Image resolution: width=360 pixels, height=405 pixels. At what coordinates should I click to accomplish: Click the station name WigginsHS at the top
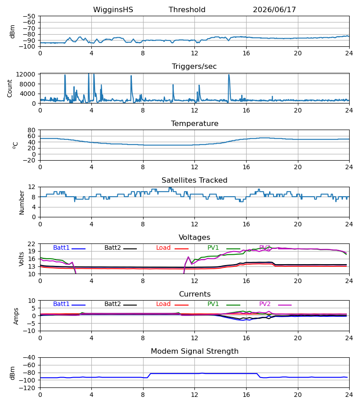[113, 10]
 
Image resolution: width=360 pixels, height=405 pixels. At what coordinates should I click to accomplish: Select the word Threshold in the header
[187, 10]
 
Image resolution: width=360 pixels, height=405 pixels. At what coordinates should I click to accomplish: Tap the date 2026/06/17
[274, 10]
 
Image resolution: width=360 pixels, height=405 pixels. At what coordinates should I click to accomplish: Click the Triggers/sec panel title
[194, 67]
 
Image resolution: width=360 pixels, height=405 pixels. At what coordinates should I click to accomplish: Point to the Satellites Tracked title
[194, 180]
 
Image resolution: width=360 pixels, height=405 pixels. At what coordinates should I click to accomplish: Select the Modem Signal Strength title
[194, 351]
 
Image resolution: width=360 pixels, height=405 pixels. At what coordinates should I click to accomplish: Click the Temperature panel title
[194, 123]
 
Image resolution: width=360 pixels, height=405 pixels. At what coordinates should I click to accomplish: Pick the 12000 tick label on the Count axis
[26, 74]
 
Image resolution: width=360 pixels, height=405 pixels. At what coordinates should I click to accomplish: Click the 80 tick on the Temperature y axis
[31, 130]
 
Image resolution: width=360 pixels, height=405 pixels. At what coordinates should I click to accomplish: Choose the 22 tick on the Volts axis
[31, 244]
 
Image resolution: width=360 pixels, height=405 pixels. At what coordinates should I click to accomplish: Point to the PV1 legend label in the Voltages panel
[213, 247]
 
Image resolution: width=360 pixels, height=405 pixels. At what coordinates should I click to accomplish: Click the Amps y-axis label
[16, 316]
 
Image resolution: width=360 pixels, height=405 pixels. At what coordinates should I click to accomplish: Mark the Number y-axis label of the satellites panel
[22, 203]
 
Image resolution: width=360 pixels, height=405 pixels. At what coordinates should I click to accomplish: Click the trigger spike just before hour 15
[229, 88]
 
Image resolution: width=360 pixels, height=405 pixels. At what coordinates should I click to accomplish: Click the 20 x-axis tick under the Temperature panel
[298, 167]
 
